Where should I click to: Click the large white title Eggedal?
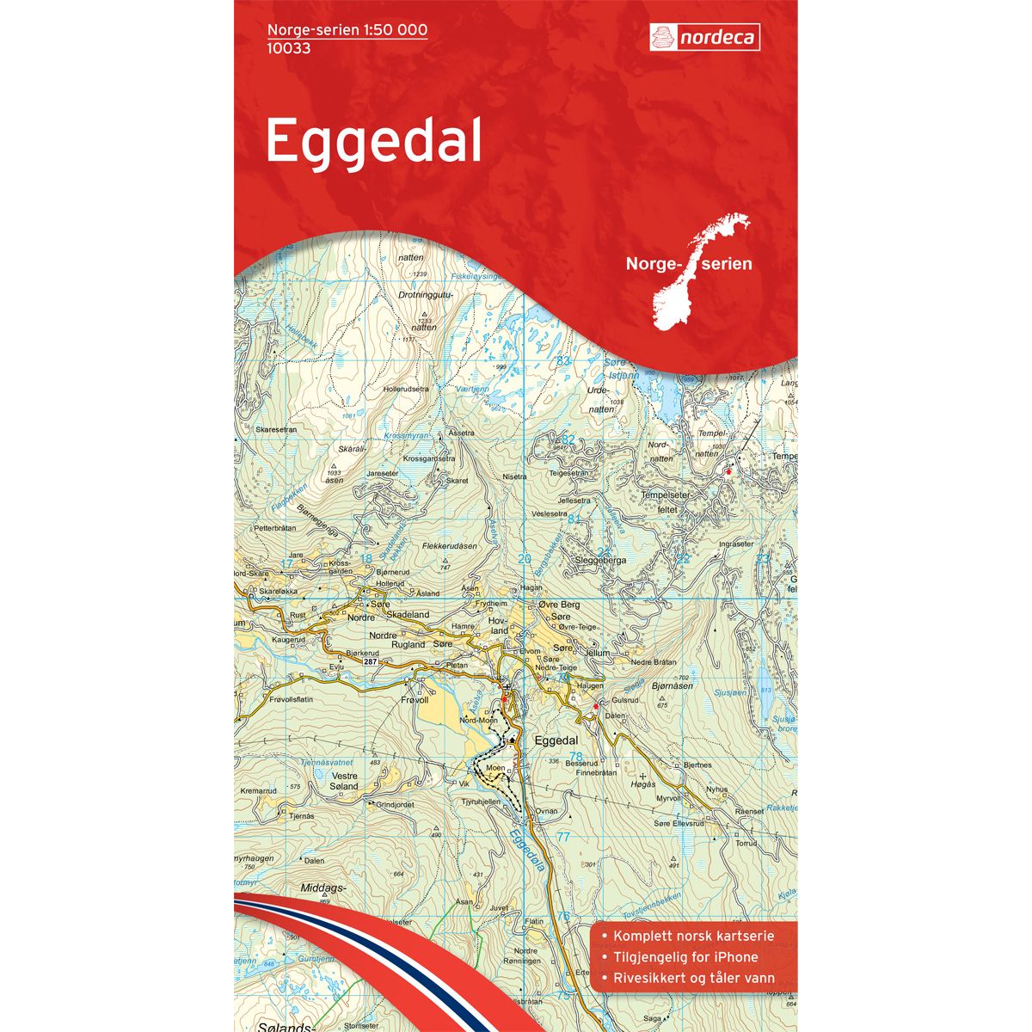click(373, 142)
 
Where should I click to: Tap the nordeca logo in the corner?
click(703, 37)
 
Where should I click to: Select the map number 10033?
click(289, 48)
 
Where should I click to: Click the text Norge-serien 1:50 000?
click(347, 30)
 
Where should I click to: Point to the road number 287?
click(371, 661)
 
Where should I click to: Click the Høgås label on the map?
click(643, 783)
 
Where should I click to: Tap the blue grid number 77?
click(563, 837)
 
